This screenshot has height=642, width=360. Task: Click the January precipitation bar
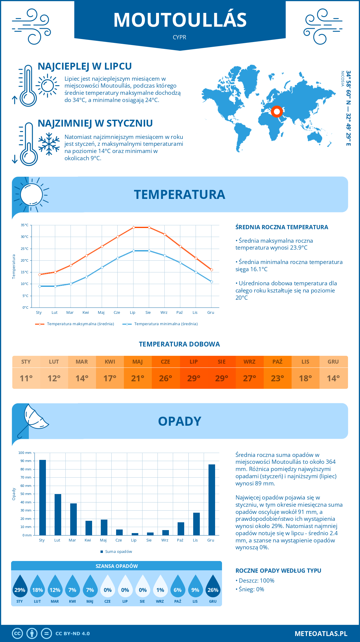[x=43, y=497]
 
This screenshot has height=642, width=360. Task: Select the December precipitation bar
[x=212, y=499]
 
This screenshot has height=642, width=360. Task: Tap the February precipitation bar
[x=58, y=514]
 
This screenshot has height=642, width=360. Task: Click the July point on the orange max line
[x=133, y=227]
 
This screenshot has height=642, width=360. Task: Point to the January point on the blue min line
[x=40, y=286]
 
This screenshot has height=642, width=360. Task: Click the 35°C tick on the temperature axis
[x=25, y=225]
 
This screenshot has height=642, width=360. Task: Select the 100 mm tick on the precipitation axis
[x=25, y=453]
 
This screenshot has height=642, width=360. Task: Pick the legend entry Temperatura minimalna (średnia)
[x=166, y=324]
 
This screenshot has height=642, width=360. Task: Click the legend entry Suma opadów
[x=118, y=551]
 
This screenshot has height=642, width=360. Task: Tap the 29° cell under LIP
[x=193, y=378]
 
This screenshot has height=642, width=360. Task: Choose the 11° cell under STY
[x=26, y=378]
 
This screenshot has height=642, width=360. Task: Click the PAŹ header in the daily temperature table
[x=277, y=361]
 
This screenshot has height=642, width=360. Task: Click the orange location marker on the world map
[x=277, y=112]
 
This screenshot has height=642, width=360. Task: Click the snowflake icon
[x=49, y=144]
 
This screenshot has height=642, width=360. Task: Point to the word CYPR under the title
[x=179, y=37]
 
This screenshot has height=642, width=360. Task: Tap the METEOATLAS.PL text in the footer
[x=321, y=634]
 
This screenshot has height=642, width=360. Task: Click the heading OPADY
[x=179, y=421]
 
